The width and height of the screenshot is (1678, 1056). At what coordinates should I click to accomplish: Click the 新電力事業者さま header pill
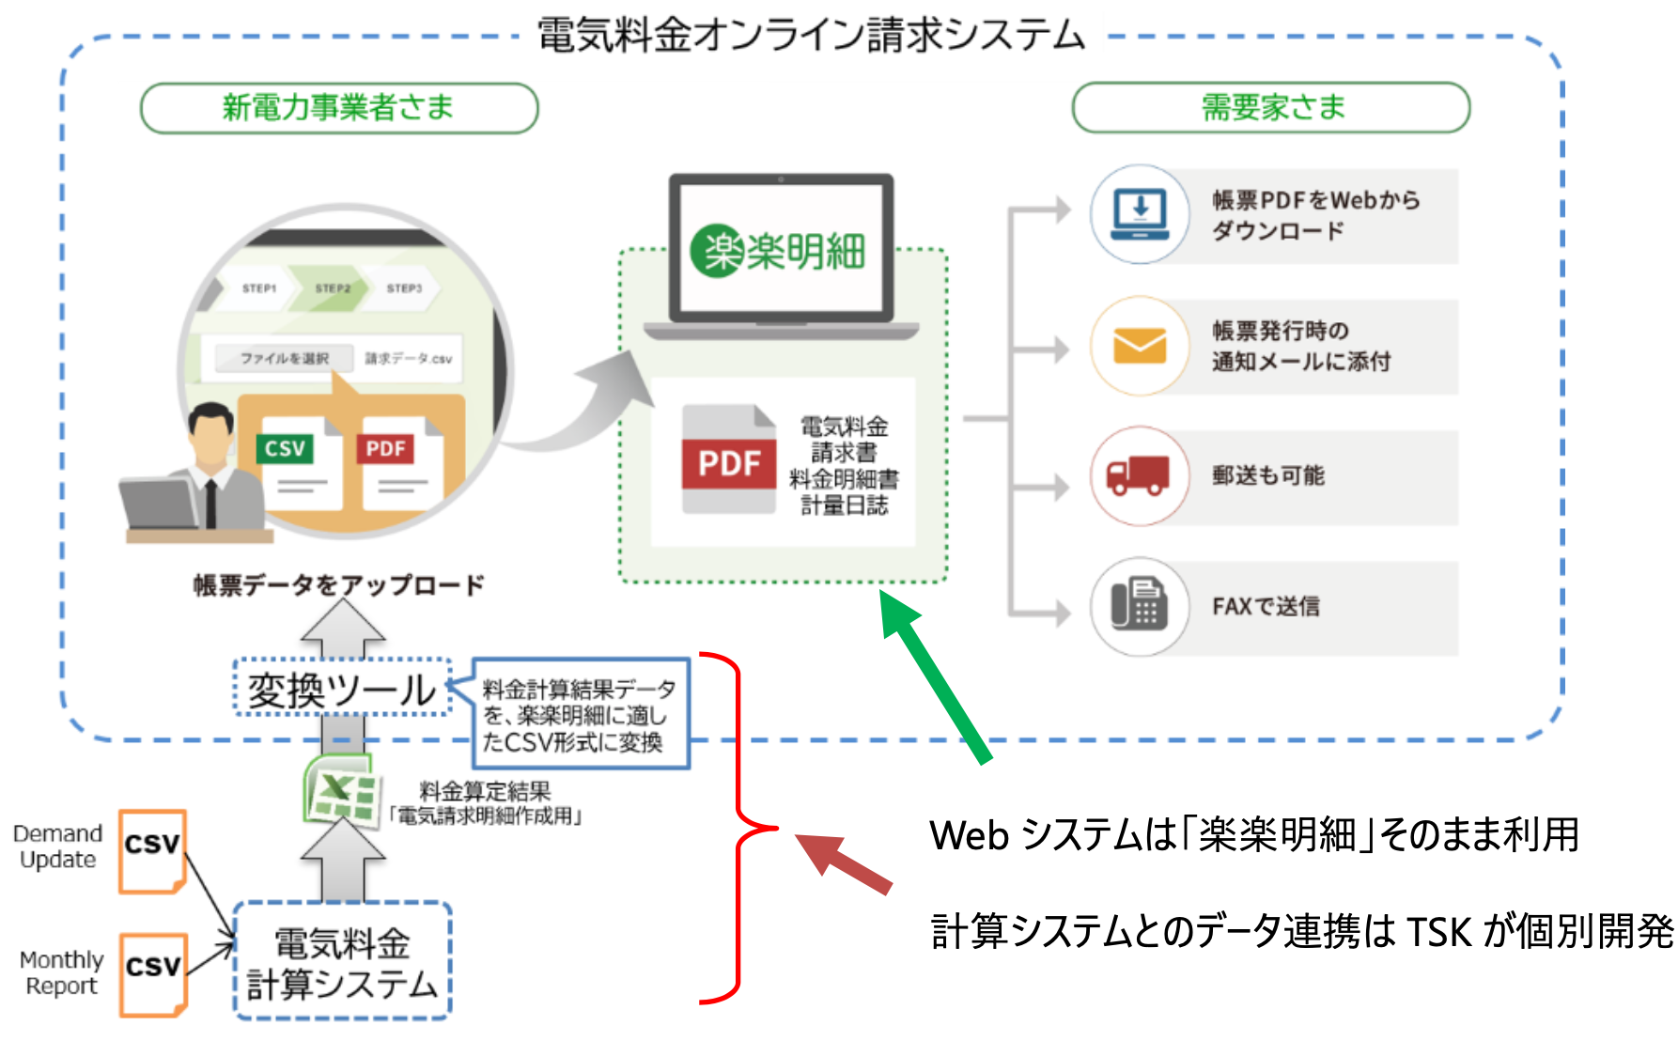(338, 108)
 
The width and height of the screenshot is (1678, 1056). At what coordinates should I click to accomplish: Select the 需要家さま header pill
(1270, 107)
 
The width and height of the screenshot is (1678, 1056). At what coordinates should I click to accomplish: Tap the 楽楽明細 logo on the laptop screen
(779, 251)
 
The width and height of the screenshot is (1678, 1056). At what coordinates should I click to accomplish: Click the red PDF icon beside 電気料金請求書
(728, 461)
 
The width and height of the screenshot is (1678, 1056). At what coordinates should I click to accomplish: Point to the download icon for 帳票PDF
(1140, 213)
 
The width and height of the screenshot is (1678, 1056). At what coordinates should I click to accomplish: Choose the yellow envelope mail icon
(1140, 346)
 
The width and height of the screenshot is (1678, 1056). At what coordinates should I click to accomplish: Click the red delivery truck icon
(1138, 475)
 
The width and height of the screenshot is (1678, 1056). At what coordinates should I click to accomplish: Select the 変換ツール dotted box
(342, 689)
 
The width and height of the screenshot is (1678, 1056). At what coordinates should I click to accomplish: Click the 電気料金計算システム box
(342, 961)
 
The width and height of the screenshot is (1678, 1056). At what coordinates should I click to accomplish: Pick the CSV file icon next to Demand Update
(152, 850)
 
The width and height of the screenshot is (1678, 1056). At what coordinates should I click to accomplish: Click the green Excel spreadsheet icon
(339, 789)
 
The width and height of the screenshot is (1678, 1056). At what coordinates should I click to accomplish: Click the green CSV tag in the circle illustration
(285, 448)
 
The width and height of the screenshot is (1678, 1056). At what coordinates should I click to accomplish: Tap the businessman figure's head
(211, 430)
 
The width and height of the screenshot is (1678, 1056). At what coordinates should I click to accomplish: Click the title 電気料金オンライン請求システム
(811, 35)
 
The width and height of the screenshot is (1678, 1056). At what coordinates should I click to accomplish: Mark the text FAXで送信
(1266, 606)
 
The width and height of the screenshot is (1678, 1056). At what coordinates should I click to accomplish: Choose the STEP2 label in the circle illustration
(333, 287)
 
